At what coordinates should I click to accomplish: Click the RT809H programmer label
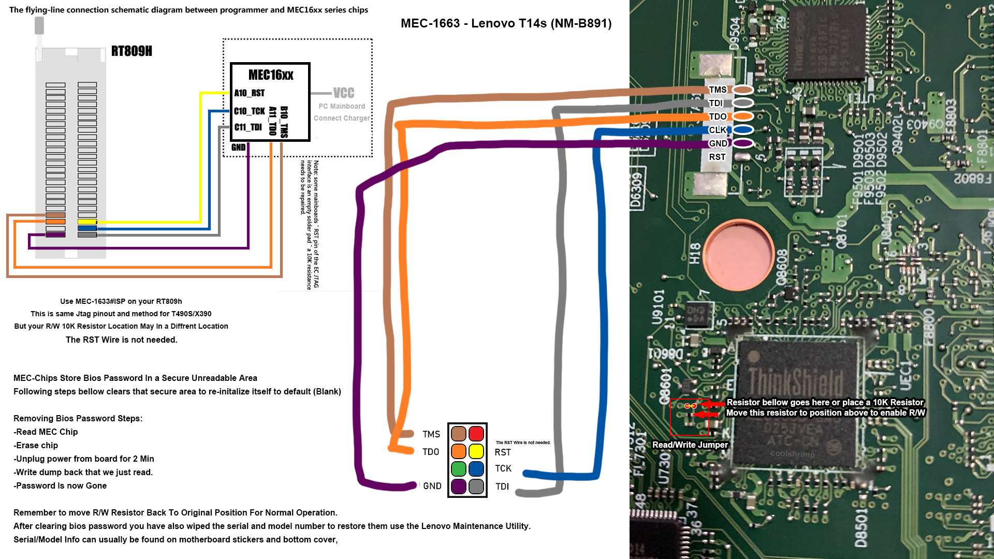[x=131, y=51]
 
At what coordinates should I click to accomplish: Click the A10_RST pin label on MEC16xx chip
[x=249, y=93]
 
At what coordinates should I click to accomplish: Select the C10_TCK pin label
[x=249, y=111]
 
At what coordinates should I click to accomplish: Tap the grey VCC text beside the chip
[x=343, y=93]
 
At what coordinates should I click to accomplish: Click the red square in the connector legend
[x=476, y=434]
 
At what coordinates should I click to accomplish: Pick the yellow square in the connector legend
[x=476, y=451]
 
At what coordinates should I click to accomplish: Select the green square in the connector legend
[x=459, y=469]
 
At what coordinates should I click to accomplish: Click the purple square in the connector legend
[x=459, y=487]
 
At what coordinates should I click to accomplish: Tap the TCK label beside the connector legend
[x=503, y=468]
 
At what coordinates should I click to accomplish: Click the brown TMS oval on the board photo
[x=742, y=90]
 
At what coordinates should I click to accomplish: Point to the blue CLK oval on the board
[x=742, y=130]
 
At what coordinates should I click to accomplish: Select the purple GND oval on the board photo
[x=742, y=143]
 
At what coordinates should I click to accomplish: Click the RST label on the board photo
[x=717, y=157]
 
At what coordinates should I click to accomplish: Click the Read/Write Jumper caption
[x=690, y=445]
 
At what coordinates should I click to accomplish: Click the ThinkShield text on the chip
[x=796, y=382]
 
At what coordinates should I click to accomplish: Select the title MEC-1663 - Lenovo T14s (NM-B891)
[x=506, y=23]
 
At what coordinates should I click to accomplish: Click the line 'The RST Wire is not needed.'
[x=121, y=340]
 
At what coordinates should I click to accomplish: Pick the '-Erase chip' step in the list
[x=36, y=445]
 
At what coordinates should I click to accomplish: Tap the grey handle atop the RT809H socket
[x=39, y=25]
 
